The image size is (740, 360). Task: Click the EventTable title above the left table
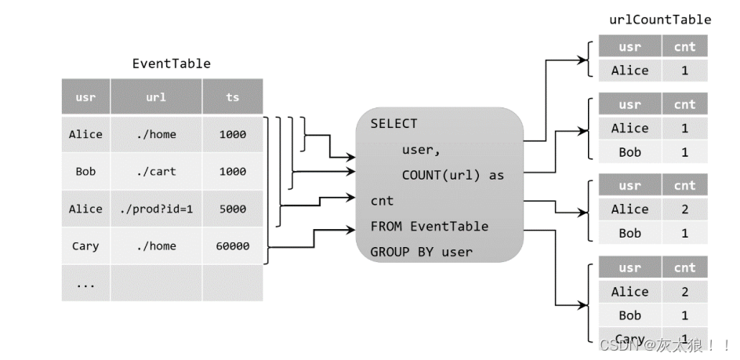click(171, 64)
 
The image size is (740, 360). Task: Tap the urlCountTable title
click(660, 20)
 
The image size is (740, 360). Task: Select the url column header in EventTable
click(156, 98)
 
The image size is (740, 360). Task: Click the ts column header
click(232, 98)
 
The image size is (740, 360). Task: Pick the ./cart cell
click(156, 172)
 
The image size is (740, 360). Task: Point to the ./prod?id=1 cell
click(156, 209)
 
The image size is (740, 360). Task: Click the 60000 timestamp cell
click(232, 246)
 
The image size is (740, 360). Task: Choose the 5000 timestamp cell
click(232, 209)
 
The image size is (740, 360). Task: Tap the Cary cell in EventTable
click(85, 246)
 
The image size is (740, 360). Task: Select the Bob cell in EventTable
click(85, 172)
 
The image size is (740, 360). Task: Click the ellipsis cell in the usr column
click(85, 284)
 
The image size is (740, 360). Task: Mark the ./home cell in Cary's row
click(156, 246)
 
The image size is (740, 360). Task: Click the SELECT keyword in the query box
click(394, 124)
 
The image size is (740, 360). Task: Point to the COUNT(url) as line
click(452, 175)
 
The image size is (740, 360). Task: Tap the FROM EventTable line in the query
click(430, 227)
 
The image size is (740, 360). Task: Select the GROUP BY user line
click(421, 252)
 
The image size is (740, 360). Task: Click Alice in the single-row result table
click(629, 71)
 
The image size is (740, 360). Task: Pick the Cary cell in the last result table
click(629, 338)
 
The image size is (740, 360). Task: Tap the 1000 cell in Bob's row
click(232, 172)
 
